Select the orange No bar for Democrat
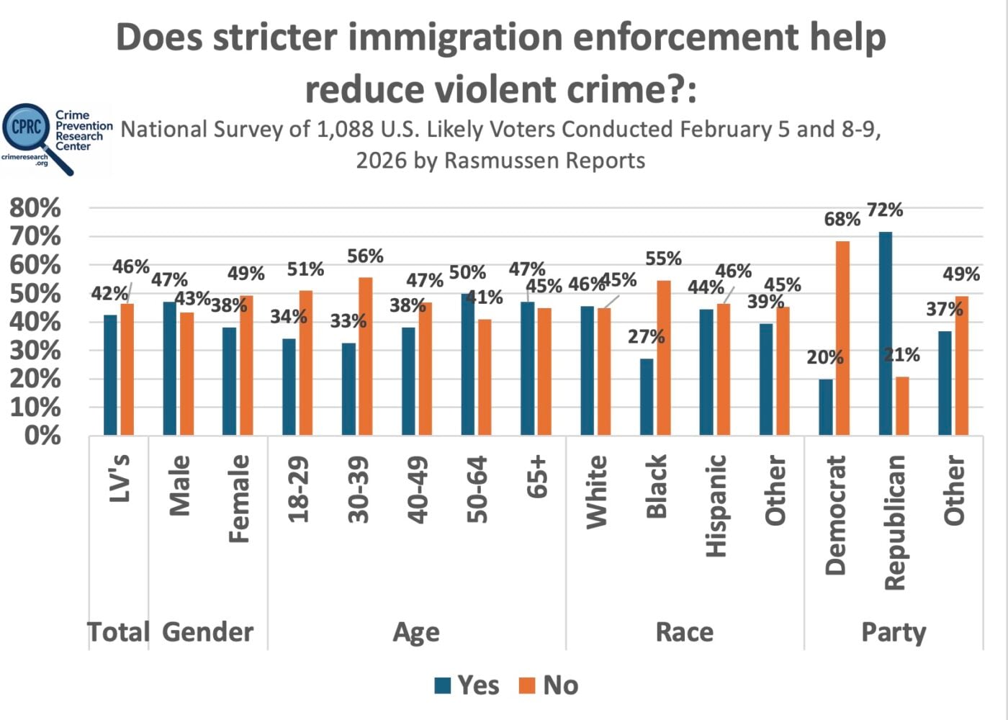coord(842,338)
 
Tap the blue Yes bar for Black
coord(647,397)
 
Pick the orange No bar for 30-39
coord(366,356)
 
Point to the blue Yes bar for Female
coord(229,381)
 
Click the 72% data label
coord(885,210)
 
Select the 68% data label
coord(842,219)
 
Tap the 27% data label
coord(646,337)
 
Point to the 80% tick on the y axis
coord(35,208)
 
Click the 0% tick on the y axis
coord(42,436)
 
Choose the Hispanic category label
coord(716,505)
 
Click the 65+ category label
coord(538,477)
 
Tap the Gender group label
coord(207,632)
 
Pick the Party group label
coord(894,632)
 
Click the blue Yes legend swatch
coord(443,685)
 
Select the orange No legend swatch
coord(527,685)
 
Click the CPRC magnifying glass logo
coord(32,133)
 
